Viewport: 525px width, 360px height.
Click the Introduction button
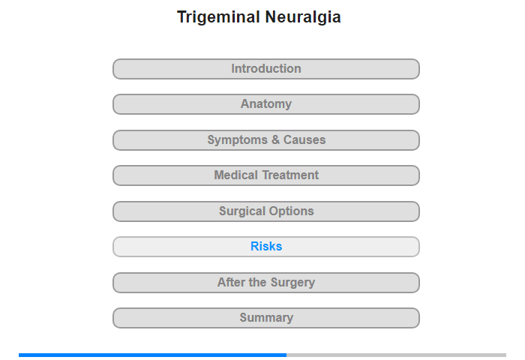tap(266, 69)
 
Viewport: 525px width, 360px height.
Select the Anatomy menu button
tap(266, 104)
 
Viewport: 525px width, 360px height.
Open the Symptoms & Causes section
tap(266, 140)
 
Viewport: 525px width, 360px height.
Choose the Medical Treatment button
tap(266, 175)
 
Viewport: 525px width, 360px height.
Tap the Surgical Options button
tap(266, 211)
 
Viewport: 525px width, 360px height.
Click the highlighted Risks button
tap(266, 247)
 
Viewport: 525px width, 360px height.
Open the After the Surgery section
tap(266, 283)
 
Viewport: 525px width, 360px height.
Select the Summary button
tap(266, 318)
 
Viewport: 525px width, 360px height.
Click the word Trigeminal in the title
tap(219, 17)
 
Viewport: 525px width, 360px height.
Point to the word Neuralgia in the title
tap(303, 17)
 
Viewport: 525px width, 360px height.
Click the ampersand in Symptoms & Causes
tap(275, 139)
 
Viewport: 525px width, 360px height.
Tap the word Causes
tap(304, 139)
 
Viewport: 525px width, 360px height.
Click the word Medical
tap(236, 175)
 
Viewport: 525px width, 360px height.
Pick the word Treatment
tap(291, 175)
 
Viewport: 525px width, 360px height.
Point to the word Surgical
tap(242, 211)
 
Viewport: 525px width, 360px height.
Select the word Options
tap(291, 211)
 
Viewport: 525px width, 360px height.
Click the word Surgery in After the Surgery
tap(292, 283)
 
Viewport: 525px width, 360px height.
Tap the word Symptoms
tap(238, 140)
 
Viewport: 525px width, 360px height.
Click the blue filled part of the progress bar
tap(153, 355)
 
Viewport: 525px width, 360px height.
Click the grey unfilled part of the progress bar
tap(397, 355)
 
